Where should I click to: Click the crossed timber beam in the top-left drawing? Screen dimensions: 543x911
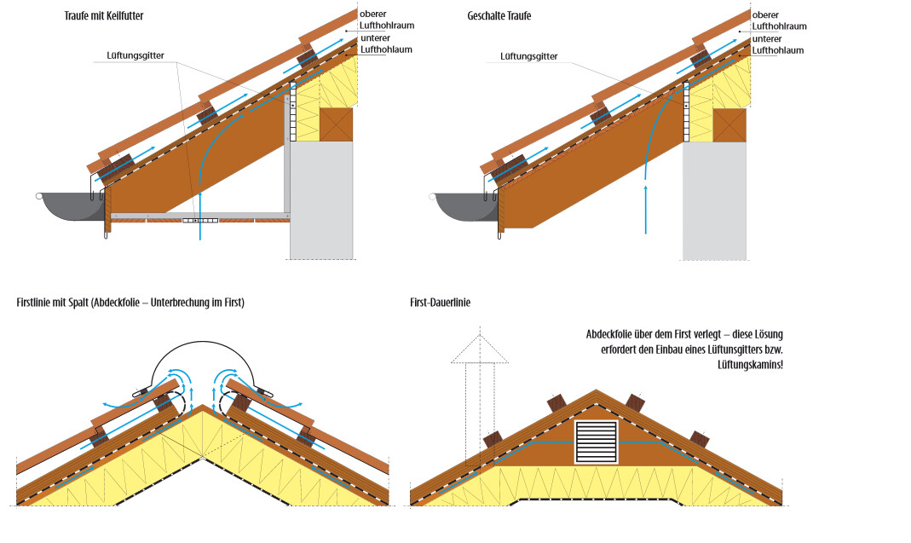336,124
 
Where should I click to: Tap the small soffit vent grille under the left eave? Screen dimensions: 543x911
200,220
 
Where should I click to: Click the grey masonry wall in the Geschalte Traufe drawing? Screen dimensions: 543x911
714,200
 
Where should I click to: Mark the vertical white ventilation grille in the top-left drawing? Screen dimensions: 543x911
291,111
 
